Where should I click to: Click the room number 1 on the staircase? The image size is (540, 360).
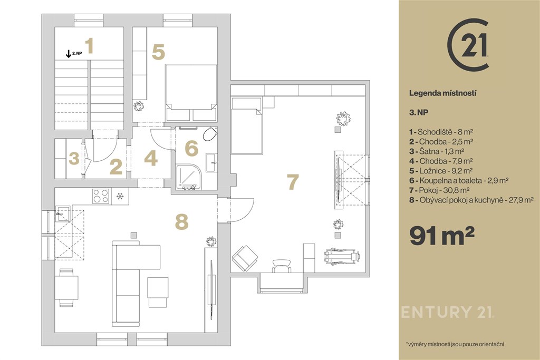point(90,46)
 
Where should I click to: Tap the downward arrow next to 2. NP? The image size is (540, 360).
point(69,54)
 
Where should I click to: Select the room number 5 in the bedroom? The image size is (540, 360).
point(158,52)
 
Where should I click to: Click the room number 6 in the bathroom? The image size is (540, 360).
point(191,148)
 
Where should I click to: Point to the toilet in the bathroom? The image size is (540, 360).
point(210,133)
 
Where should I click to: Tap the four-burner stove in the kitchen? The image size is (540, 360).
point(102,196)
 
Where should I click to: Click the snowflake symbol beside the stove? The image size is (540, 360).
point(120,196)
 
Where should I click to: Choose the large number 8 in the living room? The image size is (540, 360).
point(181,222)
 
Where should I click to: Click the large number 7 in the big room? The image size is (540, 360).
point(292,182)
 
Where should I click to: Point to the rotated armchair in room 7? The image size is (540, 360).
point(245,258)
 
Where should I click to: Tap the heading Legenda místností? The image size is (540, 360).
point(442,93)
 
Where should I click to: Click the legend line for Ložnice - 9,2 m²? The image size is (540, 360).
point(441,171)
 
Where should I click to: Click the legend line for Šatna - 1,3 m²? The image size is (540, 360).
point(437,151)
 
